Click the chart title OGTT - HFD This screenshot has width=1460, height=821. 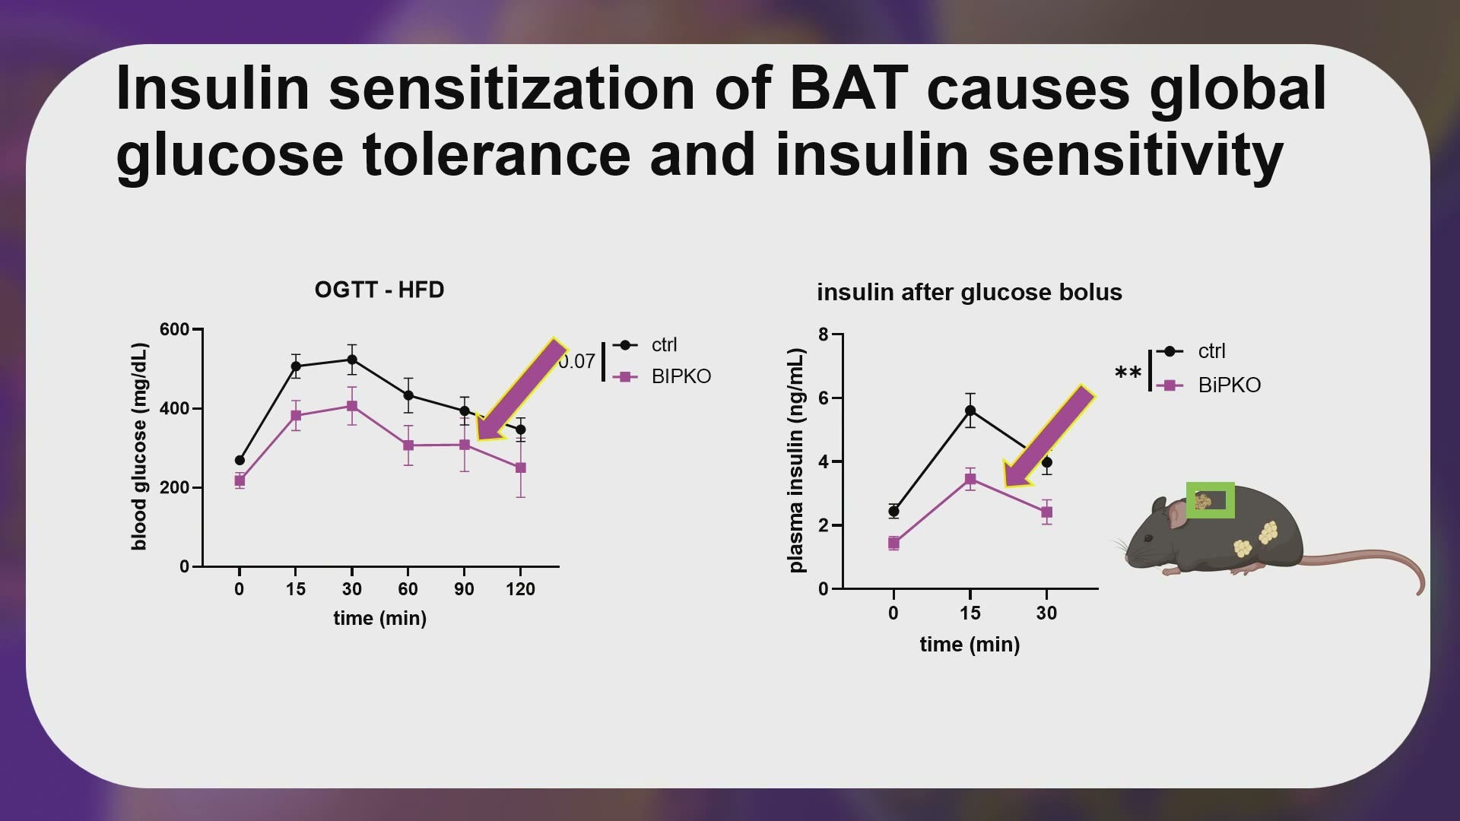pos(379,290)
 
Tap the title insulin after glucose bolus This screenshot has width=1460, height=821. pos(970,293)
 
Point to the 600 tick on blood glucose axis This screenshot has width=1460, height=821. pos(174,329)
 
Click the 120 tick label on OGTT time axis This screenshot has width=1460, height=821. pos(521,589)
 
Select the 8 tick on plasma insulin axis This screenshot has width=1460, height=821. pos(824,334)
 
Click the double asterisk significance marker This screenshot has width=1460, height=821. pos(1128,373)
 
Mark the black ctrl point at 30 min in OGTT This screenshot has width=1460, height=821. pos(352,360)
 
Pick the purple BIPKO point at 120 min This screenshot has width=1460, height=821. pos(521,468)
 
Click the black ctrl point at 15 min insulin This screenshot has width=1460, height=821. pos(970,410)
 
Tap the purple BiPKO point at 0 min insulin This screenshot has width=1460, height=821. pos(893,543)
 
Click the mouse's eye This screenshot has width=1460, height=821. pos(1148,538)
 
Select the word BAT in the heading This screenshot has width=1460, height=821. pos(849,88)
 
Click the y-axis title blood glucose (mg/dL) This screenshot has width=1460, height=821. pos(139,446)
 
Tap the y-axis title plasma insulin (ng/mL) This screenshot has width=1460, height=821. pos(796,461)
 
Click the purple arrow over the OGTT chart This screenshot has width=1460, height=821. pos(522,390)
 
